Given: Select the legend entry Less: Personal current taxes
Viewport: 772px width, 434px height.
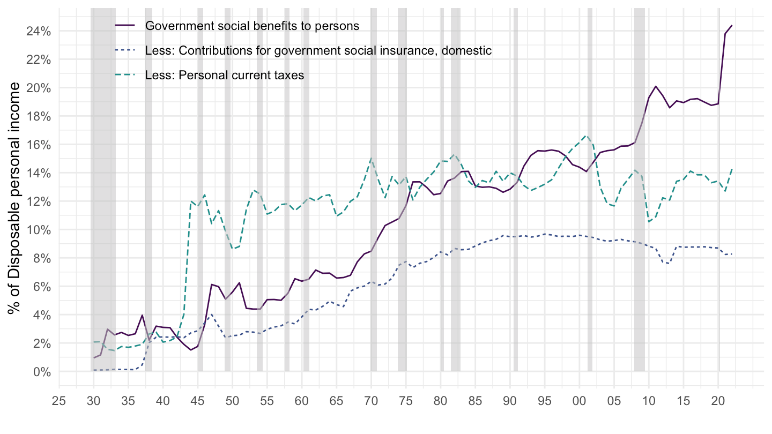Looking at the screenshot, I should click(224, 76).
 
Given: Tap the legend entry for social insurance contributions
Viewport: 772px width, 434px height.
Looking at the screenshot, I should click(318, 50).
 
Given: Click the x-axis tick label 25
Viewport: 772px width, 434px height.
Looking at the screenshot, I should click(59, 400).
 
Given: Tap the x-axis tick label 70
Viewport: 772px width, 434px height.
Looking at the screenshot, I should click(371, 400).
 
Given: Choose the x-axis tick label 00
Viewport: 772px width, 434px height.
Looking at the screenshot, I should click(580, 400).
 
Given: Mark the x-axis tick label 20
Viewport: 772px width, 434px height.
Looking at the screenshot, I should click(718, 400).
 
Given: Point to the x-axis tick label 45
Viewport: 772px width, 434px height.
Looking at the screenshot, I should click(198, 400).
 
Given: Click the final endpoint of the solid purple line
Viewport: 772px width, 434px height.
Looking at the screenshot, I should click(732, 25).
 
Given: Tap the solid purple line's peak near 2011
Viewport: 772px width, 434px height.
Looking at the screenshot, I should click(656, 86).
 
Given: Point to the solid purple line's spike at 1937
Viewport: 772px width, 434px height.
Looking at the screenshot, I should click(142, 315).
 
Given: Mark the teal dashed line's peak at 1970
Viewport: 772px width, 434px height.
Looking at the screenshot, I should click(371, 159).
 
